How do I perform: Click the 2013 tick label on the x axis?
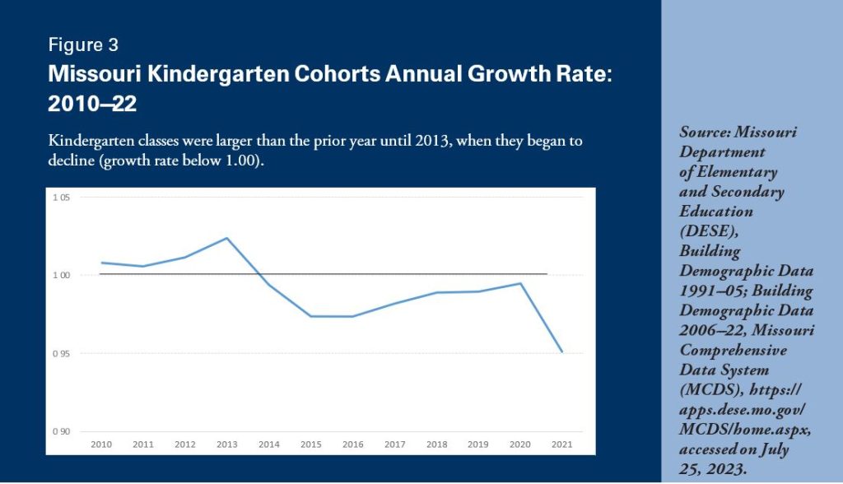[x=226, y=444]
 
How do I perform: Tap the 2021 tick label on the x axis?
[x=561, y=444]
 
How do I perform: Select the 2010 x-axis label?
[x=101, y=444]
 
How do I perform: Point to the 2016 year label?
[x=352, y=444]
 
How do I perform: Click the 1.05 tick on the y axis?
[x=61, y=198]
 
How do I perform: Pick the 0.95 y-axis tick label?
[x=61, y=354]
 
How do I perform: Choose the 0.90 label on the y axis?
[x=61, y=431]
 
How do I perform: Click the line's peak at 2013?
[x=226, y=239]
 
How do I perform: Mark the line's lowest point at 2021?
[x=561, y=352]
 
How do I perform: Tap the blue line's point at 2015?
[x=310, y=316]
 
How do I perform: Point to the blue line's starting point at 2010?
[x=101, y=263]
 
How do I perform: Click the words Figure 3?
[x=83, y=44]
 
